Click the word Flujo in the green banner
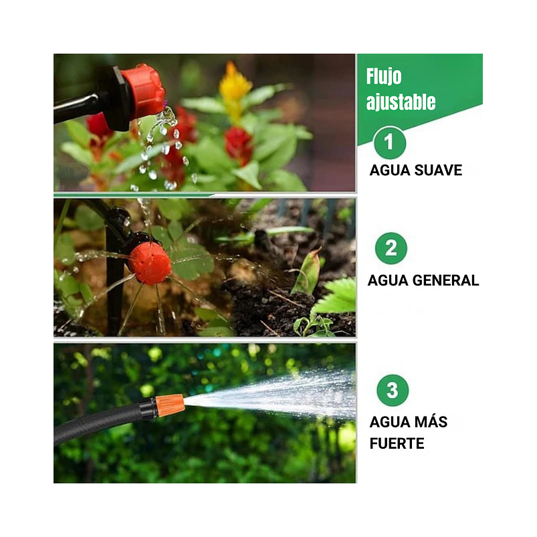[x=384, y=77]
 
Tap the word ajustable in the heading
[x=401, y=102]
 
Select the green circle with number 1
[x=389, y=142]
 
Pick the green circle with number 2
[x=391, y=249]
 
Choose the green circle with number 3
[x=392, y=390]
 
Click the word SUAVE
[x=438, y=170]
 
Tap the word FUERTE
[x=397, y=443]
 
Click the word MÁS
[x=430, y=422]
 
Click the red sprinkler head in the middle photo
[x=150, y=262]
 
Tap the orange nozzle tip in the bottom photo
[x=169, y=405]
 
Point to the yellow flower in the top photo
[x=235, y=87]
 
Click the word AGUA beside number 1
[x=390, y=170]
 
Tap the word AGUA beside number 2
[x=388, y=280]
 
